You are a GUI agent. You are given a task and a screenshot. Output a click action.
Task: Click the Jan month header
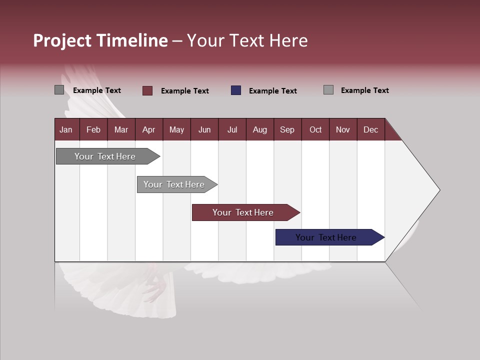[x=66, y=129]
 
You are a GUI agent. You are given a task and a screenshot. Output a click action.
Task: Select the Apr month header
[x=149, y=129]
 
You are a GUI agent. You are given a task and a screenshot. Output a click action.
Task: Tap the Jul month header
[x=232, y=129]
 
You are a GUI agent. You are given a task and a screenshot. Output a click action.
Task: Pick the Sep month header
[x=287, y=129]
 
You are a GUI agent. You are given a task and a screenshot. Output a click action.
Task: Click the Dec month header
[x=370, y=129]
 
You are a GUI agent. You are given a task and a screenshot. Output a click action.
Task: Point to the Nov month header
[x=343, y=129]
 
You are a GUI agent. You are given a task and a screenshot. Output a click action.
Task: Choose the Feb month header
[x=93, y=129]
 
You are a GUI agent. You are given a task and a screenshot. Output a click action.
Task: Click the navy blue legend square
[x=236, y=90]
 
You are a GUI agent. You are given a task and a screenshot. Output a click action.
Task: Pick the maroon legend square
[x=147, y=90]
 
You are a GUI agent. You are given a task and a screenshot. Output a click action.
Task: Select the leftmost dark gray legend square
[x=59, y=90]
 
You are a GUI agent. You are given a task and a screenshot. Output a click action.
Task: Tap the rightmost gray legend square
[x=328, y=90]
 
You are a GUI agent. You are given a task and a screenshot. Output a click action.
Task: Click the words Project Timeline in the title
[x=100, y=40]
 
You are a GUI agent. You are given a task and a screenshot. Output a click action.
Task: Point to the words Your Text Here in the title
[x=247, y=40]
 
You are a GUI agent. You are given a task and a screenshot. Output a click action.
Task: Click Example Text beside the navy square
[x=272, y=91]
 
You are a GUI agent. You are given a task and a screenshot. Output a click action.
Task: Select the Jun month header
[x=204, y=129]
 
